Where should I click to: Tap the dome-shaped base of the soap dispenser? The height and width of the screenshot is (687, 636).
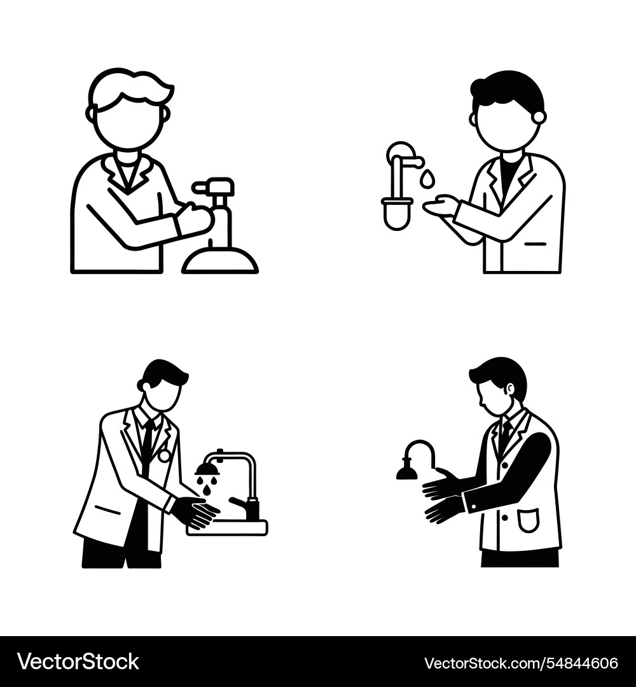(219, 261)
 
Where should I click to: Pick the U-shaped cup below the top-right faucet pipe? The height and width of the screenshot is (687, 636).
(397, 214)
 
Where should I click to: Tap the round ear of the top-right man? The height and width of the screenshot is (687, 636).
(539, 117)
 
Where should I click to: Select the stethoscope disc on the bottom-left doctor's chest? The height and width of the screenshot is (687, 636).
(164, 455)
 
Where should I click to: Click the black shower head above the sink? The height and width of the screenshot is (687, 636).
(207, 469)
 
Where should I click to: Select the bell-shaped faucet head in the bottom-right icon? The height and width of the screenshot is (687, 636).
(406, 471)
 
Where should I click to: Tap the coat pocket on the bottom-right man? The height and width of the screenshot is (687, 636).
(528, 520)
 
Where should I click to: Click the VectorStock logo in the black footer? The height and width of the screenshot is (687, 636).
(78, 662)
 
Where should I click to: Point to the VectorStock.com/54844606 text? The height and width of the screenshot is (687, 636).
(520, 662)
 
